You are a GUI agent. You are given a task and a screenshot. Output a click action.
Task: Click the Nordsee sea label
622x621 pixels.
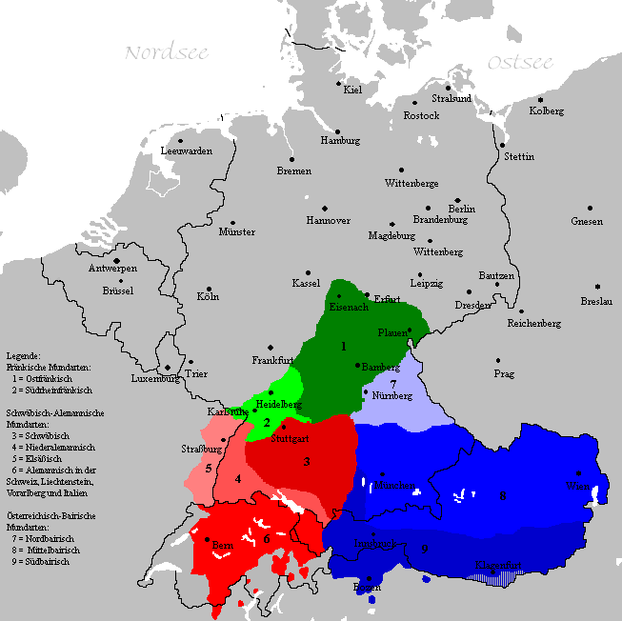point(167,52)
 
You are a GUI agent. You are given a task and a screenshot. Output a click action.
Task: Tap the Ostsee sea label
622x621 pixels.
point(520,63)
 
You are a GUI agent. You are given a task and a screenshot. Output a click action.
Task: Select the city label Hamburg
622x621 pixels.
point(340,141)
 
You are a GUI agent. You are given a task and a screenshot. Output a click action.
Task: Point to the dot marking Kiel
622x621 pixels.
point(340,83)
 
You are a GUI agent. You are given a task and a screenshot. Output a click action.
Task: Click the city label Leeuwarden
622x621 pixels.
point(187,151)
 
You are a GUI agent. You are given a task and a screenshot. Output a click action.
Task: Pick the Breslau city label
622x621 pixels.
point(595,301)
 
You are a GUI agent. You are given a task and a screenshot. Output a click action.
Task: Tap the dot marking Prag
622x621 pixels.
point(497,360)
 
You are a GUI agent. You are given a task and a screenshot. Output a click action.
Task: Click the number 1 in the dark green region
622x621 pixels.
point(343,347)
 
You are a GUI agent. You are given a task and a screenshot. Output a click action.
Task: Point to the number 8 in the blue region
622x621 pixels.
point(502,495)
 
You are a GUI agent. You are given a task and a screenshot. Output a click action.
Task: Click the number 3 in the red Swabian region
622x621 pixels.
point(307,462)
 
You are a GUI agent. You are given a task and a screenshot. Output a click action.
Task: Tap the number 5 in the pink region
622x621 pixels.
point(208,468)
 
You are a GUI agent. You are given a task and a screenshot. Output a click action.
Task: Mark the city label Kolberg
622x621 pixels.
point(547,111)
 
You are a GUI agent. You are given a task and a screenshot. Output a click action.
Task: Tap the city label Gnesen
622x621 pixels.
point(587,221)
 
